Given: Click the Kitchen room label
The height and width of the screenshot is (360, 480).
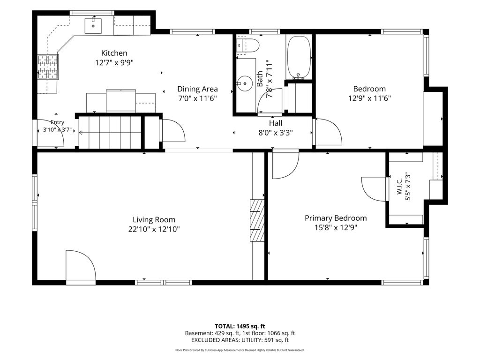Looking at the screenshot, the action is pos(114,53).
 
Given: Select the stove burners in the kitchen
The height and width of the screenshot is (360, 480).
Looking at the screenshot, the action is pos(48,67).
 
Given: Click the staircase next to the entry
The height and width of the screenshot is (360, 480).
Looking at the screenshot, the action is pos(110,133).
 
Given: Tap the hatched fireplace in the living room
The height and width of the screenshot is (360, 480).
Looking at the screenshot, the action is pos(257,220).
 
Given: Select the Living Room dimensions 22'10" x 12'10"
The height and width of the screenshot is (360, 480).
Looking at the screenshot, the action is pos(154,229).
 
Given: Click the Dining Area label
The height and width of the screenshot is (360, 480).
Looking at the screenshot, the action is pos(197,89).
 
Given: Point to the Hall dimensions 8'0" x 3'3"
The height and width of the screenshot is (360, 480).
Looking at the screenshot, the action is pos(276,133).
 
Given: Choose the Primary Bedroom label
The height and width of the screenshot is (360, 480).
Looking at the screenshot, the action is pos(336,218).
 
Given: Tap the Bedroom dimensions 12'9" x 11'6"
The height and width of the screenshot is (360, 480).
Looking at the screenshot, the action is pos(369,98).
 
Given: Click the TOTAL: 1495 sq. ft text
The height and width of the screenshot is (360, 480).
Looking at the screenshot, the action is pos(240,326).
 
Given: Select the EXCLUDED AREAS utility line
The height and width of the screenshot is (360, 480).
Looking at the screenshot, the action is pos(240,340).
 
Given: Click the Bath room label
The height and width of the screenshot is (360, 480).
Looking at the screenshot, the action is pos(260,79).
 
